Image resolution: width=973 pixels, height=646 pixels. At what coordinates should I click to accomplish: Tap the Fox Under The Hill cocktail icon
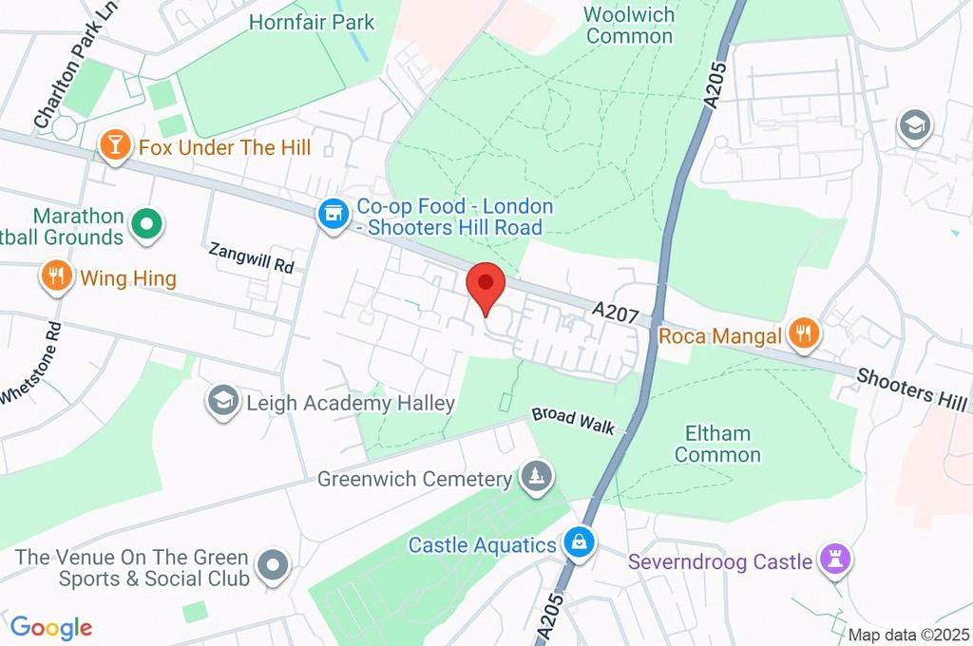(x=114, y=146)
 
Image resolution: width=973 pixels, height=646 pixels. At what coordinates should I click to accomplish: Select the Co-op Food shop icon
(x=333, y=214)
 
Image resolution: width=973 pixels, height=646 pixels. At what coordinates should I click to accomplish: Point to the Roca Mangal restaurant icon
(x=804, y=333)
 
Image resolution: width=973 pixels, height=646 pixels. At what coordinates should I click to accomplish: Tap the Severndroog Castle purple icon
(x=836, y=560)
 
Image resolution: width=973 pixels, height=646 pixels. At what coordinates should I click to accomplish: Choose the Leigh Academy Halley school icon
(x=222, y=402)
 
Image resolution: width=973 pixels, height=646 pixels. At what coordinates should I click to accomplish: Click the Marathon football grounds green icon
(x=147, y=225)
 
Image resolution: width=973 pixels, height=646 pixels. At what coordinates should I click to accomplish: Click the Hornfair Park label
(x=312, y=21)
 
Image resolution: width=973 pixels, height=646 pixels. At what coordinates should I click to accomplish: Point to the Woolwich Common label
(x=629, y=26)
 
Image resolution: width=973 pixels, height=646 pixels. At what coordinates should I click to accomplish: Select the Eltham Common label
(x=717, y=444)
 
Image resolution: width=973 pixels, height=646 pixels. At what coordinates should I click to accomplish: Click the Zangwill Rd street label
(x=251, y=257)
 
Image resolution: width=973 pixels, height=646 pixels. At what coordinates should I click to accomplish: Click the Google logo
(x=51, y=627)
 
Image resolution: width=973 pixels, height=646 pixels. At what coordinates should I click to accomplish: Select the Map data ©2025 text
(x=908, y=636)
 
